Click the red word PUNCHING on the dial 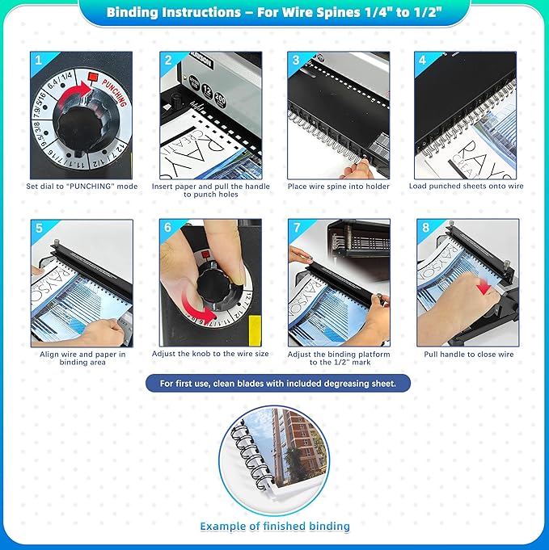pyautogui.click(x=112, y=97)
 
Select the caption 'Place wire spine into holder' pyautogui.click(x=338, y=187)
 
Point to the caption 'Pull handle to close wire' pyautogui.click(x=468, y=354)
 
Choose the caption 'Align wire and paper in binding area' pyautogui.click(x=82, y=359)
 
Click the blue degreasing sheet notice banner pyautogui.click(x=277, y=383)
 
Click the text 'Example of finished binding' pyautogui.click(x=275, y=527)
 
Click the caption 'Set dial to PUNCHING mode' pyautogui.click(x=82, y=187)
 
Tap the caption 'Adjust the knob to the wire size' pyautogui.click(x=210, y=354)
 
